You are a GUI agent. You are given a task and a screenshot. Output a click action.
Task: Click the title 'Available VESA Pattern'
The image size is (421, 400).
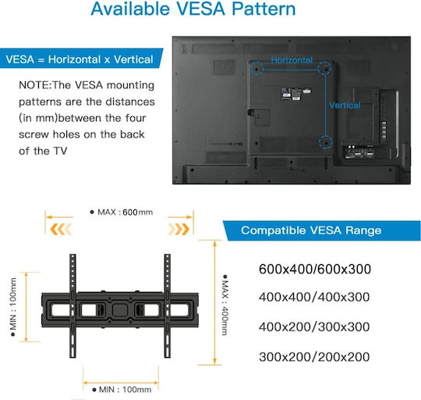point(193,9)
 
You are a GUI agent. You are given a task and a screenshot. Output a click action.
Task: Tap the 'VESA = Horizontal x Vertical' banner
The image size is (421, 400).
point(80,59)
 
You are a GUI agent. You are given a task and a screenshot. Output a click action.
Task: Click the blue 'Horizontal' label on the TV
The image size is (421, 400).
point(292,60)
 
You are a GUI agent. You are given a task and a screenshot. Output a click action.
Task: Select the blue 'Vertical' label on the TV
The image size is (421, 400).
point(345,105)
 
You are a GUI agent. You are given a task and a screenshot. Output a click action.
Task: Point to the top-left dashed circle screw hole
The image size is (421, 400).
point(256,68)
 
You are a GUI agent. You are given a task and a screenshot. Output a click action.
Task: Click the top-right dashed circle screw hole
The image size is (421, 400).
point(324,68)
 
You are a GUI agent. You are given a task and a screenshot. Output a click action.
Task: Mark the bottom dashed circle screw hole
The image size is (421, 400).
point(326,142)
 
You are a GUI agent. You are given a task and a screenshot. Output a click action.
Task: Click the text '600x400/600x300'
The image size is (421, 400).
point(315,269)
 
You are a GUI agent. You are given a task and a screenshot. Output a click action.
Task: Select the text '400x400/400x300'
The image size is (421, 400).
point(314,297)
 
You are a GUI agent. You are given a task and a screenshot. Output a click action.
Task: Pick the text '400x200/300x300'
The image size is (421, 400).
point(314,327)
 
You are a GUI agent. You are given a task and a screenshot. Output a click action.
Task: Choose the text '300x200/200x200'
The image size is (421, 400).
point(314,357)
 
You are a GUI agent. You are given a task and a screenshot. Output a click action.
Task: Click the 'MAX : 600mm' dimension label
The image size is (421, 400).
point(122,212)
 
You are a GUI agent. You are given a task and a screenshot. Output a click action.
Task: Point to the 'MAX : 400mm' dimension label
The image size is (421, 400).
point(225,305)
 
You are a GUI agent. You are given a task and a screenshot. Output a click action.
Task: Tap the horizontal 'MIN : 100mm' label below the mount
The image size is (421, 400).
point(122,389)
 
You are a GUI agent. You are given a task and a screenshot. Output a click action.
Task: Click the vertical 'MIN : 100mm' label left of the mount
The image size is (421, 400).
point(13,307)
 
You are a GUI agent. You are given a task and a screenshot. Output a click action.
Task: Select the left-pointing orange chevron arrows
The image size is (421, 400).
point(62,229)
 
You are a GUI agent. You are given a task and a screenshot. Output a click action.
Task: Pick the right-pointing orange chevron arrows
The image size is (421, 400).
point(179,229)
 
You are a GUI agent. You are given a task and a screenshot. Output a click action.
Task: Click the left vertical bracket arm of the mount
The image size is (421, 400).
point(73,305)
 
